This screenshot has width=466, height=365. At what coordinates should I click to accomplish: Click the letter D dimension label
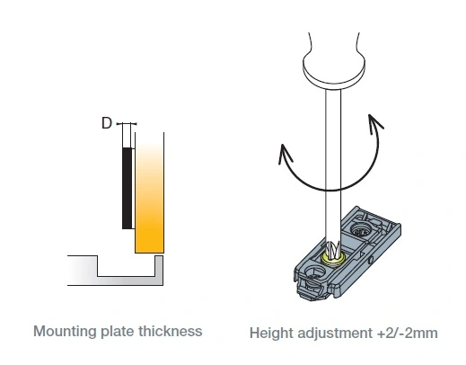(107, 123)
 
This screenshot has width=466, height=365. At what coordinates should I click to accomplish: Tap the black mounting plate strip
(127, 188)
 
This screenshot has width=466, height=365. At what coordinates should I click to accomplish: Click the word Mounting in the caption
(66, 332)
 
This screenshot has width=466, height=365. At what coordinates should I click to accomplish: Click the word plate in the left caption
(118, 332)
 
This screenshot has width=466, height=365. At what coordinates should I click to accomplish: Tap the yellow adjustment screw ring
(332, 260)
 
